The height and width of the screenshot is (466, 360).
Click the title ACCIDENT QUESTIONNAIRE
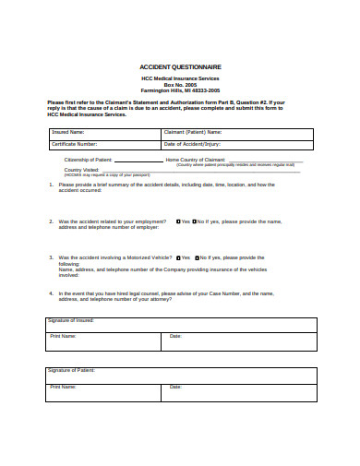180,67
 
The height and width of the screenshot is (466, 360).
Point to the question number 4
50,293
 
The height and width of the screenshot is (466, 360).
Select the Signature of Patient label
71,370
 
